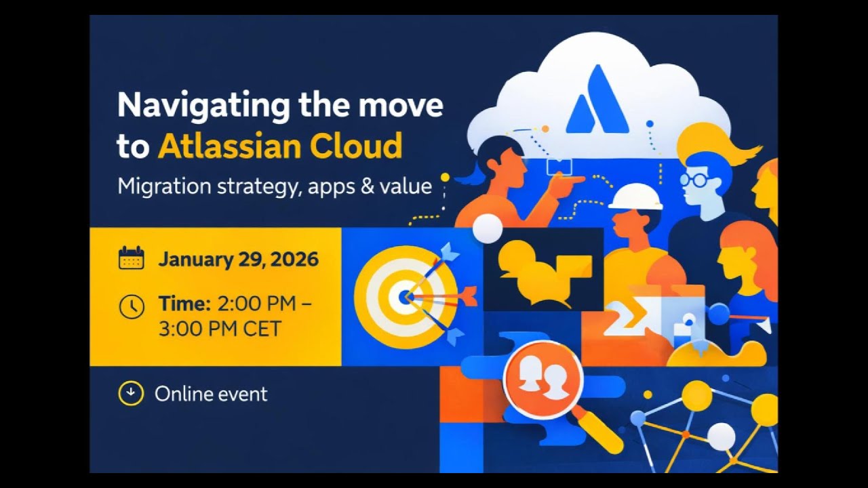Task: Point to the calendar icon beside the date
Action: coord(131,259)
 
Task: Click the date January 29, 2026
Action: coord(238,260)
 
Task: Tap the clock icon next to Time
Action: coord(132,306)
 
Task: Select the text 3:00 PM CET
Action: coord(219,329)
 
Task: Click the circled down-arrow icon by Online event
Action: coord(131,394)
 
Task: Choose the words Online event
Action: coord(211,394)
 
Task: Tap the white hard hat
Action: coord(635,197)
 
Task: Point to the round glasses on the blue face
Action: coord(693,180)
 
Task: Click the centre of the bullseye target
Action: coord(404,296)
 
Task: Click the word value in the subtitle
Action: coord(406,186)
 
